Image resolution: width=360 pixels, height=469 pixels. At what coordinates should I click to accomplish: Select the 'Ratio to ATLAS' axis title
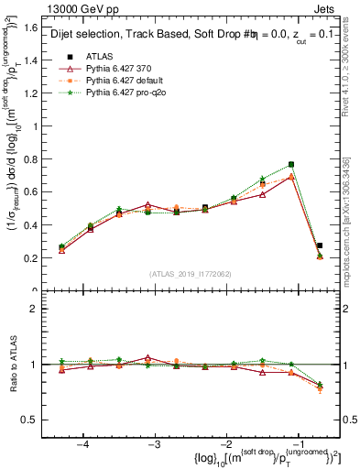[x=16, y=365]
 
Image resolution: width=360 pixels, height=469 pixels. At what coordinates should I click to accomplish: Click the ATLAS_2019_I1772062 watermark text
[x=191, y=274]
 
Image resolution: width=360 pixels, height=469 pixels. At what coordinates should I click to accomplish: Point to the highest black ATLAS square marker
[x=291, y=165]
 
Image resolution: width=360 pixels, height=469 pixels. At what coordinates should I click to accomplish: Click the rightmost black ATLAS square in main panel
[x=320, y=245]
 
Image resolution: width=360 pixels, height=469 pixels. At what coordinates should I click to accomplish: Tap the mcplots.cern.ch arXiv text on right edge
[x=351, y=220]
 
